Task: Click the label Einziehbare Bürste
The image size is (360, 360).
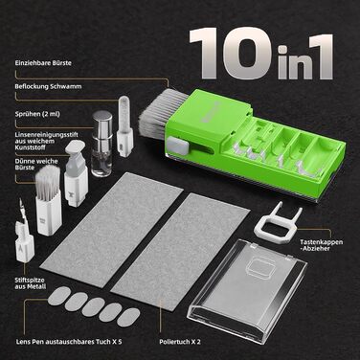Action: pyautogui.click(x=43, y=63)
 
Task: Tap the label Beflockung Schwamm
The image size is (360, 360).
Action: pyautogui.click(x=48, y=86)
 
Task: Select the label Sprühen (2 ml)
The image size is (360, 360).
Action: pyautogui.click(x=37, y=114)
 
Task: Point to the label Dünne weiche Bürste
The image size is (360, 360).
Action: pyautogui.click(x=36, y=165)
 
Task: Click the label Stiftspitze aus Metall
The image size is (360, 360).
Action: pyautogui.click(x=31, y=283)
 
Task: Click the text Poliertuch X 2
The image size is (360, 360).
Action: pyautogui.click(x=180, y=342)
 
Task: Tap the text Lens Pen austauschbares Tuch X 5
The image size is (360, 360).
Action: pyautogui.click(x=69, y=342)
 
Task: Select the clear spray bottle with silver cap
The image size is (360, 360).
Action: pyautogui.click(x=101, y=144)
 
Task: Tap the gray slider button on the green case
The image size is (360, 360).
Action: pyautogui.click(x=176, y=145)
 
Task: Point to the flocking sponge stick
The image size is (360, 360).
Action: pyautogui.click(x=124, y=126)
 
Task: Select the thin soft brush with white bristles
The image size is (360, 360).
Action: pyautogui.click(x=48, y=200)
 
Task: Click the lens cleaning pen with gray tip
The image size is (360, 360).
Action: pyautogui.click(x=76, y=174)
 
